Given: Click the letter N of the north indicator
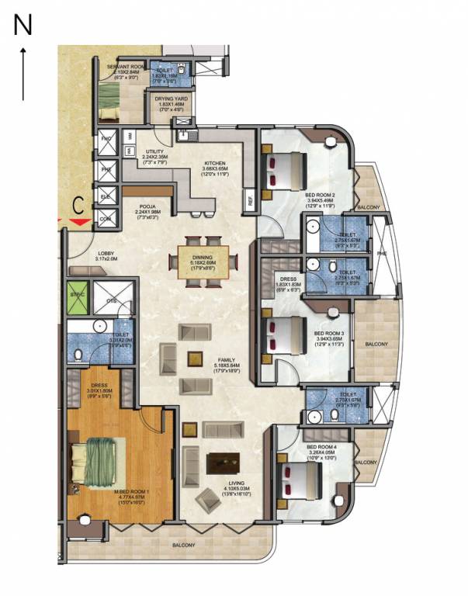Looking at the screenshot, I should click(23, 26).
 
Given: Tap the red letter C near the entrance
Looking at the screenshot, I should click(78, 206).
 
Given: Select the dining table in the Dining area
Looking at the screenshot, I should click(202, 260).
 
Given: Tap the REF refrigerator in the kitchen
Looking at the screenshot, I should click(250, 199).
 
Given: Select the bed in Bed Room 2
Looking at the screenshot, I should click(284, 169).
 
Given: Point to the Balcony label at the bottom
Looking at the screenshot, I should click(183, 545).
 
